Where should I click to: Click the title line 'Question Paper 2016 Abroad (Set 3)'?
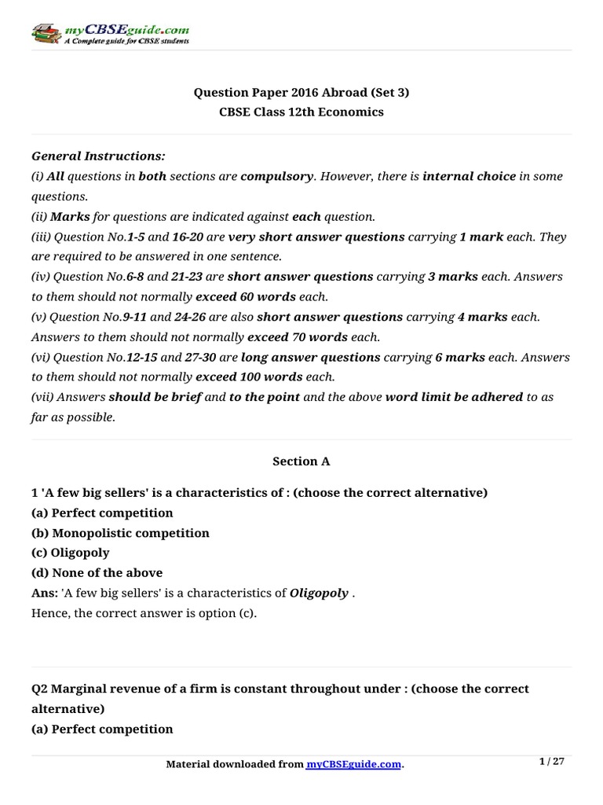pos(301,93)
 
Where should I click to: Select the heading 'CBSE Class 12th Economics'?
pos(301,112)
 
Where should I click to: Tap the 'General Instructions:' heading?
pos(98,156)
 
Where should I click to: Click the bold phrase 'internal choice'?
pos(469,177)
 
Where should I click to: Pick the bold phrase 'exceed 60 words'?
pos(246,297)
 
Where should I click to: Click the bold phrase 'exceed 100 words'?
pos(248,377)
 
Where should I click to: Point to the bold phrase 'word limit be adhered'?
pos(454,397)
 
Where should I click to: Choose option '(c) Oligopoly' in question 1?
pos(71,553)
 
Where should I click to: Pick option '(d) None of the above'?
pos(97,573)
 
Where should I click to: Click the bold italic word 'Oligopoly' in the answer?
pos(319,593)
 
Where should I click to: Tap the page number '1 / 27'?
pos(552,762)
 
